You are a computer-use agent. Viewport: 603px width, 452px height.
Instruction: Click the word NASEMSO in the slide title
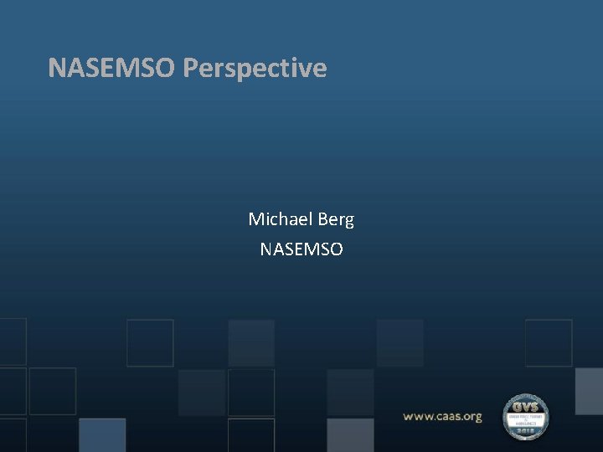tap(112, 68)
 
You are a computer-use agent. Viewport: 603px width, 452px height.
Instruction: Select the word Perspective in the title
tap(255, 69)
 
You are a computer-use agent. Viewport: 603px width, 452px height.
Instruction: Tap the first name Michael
tap(278, 219)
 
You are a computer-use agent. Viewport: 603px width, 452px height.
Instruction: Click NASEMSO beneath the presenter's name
tap(301, 249)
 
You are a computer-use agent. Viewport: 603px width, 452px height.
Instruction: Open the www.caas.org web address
tap(442, 416)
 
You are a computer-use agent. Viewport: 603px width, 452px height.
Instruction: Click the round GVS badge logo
tap(525, 417)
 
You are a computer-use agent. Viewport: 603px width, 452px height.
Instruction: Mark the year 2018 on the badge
tap(525, 432)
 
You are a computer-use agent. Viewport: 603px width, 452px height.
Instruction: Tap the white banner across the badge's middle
tap(525, 418)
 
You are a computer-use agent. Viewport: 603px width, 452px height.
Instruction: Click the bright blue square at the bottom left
tap(102, 434)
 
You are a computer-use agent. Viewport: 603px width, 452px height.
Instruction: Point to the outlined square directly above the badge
tap(549, 342)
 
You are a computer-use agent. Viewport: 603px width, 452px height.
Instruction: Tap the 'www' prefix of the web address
tap(418, 416)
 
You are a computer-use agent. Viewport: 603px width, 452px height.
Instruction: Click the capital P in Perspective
tap(190, 68)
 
